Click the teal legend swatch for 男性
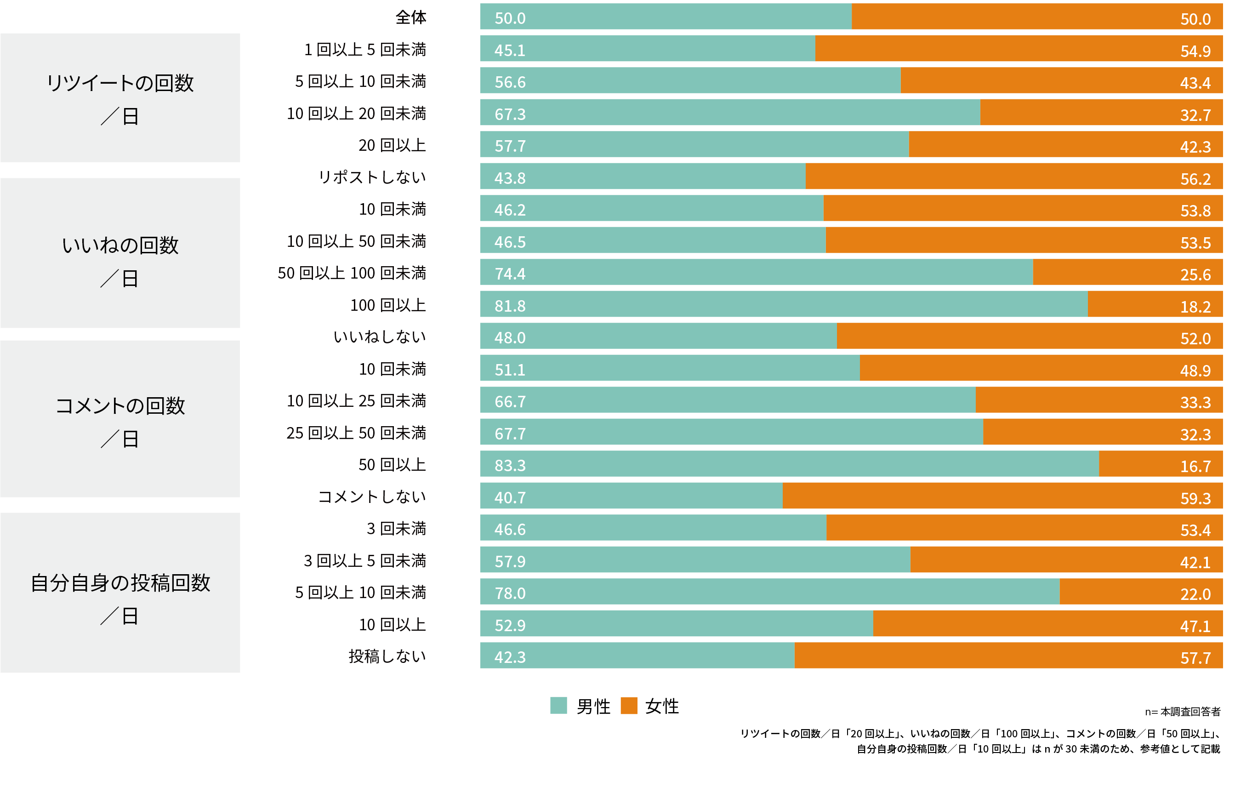[x=558, y=705]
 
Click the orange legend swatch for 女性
[x=628, y=705]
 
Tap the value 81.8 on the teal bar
[x=510, y=306]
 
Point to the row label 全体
[x=411, y=17]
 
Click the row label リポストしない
[x=372, y=177]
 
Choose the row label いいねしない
[x=379, y=337]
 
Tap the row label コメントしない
[x=372, y=496]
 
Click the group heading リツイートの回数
[x=120, y=83]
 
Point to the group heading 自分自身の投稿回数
[x=120, y=583]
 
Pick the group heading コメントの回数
[x=120, y=405]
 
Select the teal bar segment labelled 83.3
[x=789, y=464]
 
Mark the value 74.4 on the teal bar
[x=510, y=274]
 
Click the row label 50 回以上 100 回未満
[x=352, y=273]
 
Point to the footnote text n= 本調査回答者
[x=1182, y=712]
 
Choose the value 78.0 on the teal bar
[x=510, y=594]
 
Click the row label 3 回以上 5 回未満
[x=364, y=561]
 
